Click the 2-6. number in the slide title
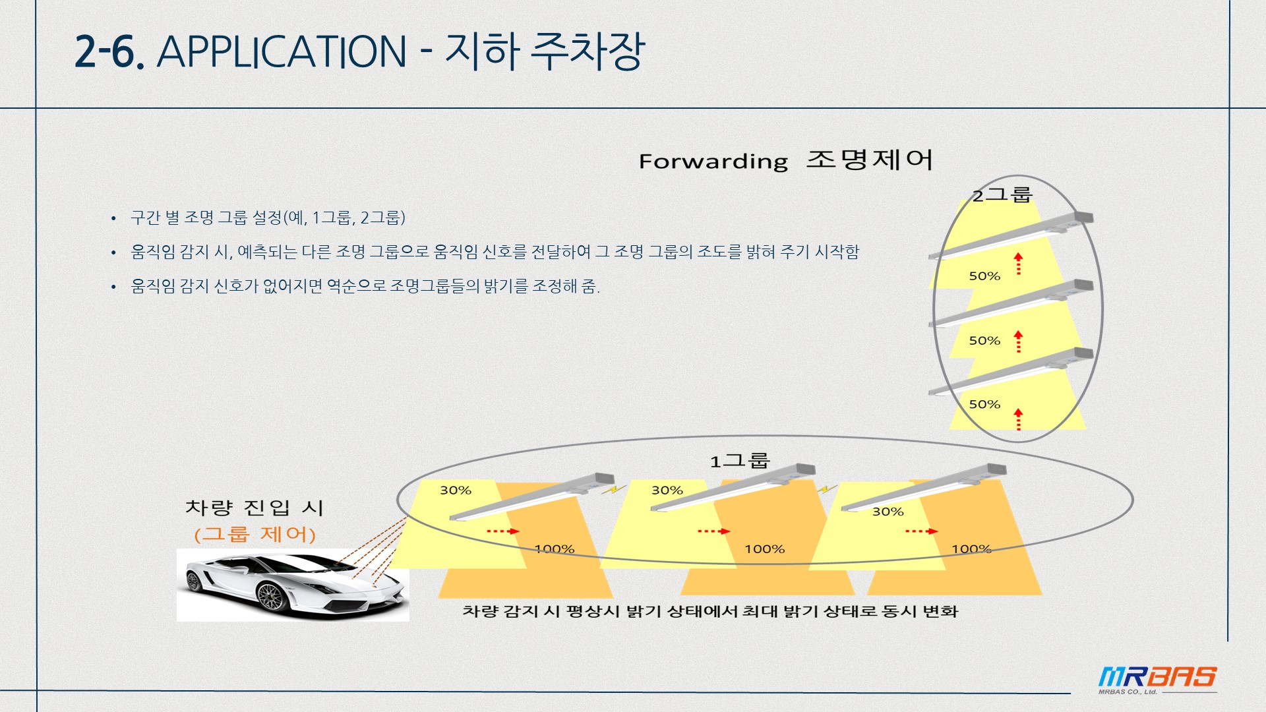click(x=109, y=51)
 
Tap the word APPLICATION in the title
click(x=282, y=51)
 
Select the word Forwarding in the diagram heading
click(x=713, y=162)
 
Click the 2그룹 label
click(x=1002, y=194)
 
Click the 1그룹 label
click(x=739, y=460)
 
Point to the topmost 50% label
click(x=984, y=276)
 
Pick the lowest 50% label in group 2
click(x=984, y=404)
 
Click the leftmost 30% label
click(x=456, y=490)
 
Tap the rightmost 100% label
click(x=971, y=549)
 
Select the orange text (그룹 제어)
click(x=255, y=534)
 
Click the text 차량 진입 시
click(x=255, y=508)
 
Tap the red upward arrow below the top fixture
click(x=1019, y=263)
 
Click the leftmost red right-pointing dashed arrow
click(x=502, y=531)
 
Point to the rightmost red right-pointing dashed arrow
click(x=921, y=531)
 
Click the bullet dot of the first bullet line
click(x=113, y=218)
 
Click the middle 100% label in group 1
click(x=764, y=549)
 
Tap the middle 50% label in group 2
click(x=984, y=341)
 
